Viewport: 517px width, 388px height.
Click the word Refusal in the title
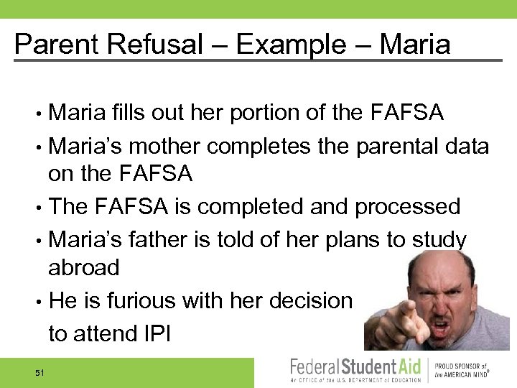[151, 45]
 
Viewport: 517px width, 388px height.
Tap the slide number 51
[39, 372]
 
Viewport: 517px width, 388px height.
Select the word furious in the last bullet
[151, 302]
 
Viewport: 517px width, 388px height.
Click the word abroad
[83, 267]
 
